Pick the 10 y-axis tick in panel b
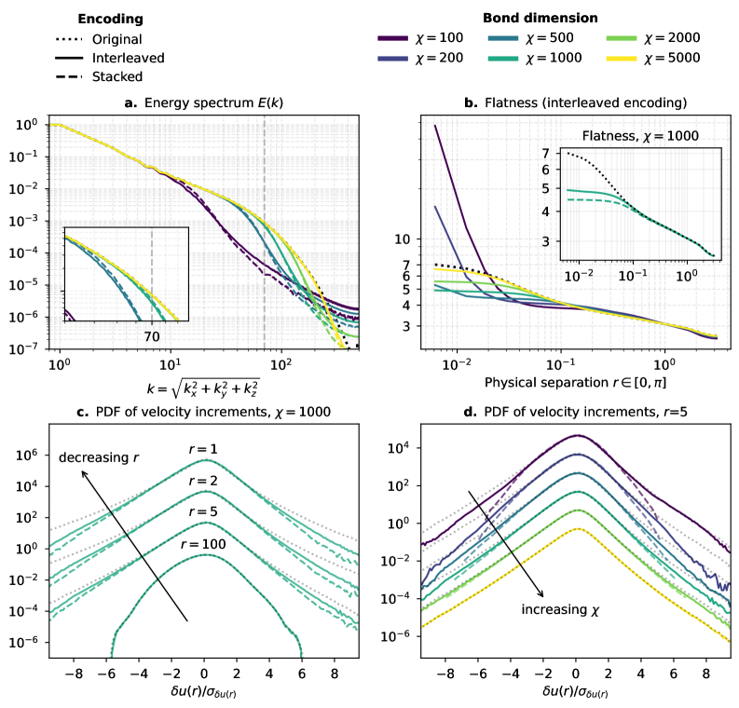(401, 239)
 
